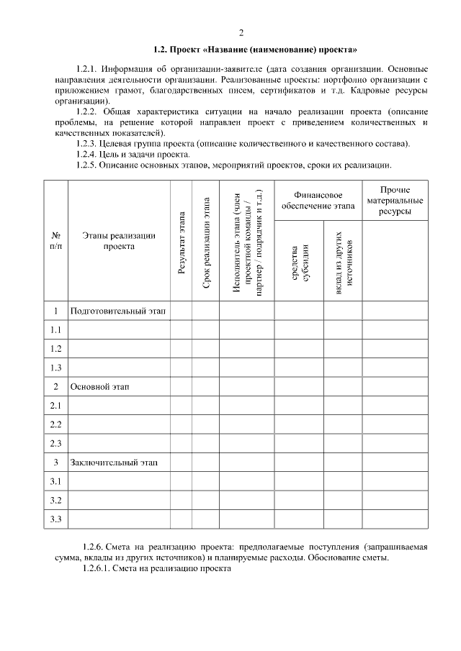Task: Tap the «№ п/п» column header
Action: [55, 241]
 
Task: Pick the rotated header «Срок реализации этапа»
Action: [206, 243]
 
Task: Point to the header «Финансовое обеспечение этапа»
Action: [318, 201]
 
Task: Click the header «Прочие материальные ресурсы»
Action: [394, 201]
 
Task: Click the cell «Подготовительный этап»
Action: [117, 311]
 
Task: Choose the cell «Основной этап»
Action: [99, 386]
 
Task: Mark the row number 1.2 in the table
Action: [55, 349]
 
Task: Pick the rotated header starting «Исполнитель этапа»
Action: [247, 242]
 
